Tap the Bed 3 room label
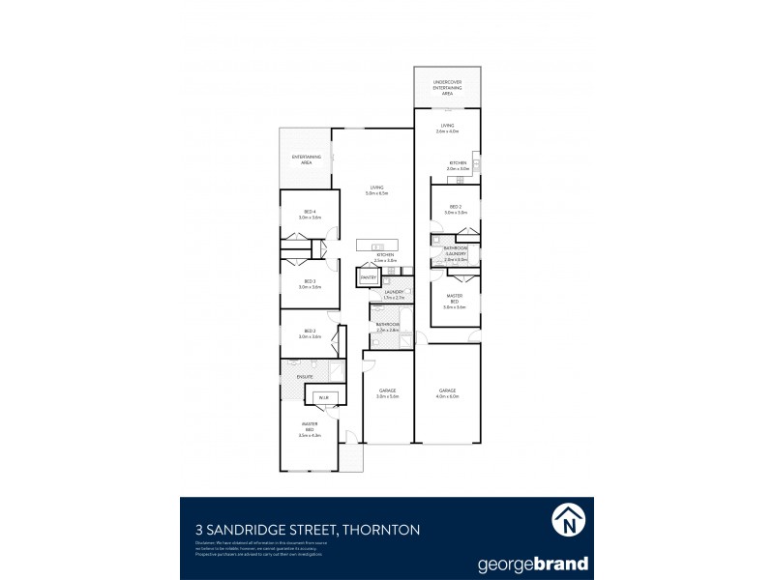[x=309, y=284]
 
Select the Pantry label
[x=368, y=278]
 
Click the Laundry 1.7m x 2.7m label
[x=394, y=294]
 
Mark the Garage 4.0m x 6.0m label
[x=447, y=393]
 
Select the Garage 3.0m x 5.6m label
[x=388, y=393]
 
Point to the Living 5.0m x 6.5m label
[x=376, y=190]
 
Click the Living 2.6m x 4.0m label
[x=448, y=128]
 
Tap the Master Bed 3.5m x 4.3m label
[x=309, y=432]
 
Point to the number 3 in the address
[x=187, y=529]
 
